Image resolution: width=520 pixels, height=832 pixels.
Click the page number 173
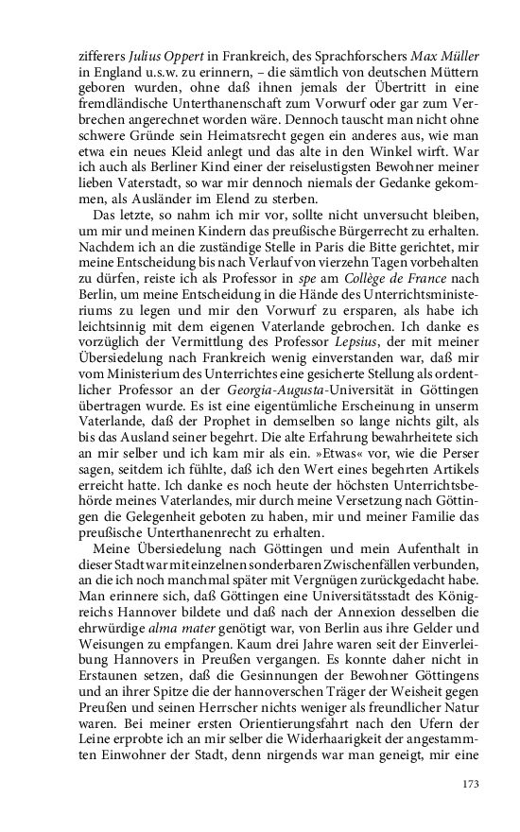(x=471, y=784)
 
